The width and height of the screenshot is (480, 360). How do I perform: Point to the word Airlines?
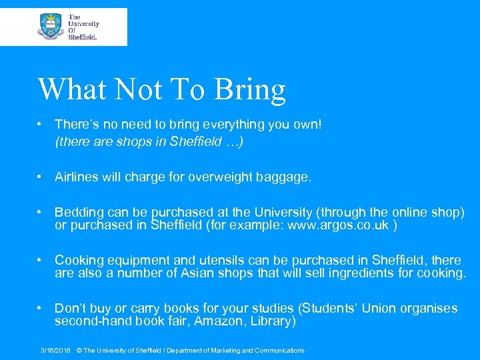(76, 177)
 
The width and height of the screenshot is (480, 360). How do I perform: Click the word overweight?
(218, 177)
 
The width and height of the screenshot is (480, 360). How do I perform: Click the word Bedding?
(79, 213)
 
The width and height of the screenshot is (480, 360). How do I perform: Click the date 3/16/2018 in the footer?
(55, 351)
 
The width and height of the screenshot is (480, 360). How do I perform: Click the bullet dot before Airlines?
(41, 177)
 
